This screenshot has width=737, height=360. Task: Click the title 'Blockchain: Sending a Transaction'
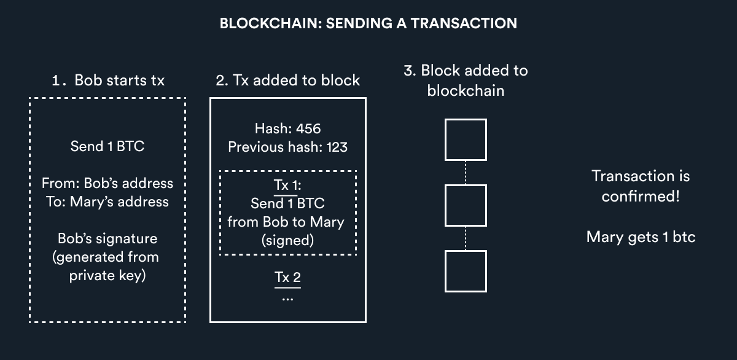[x=368, y=24]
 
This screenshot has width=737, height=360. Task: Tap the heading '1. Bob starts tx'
[x=107, y=80]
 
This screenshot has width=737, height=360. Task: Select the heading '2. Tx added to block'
[x=288, y=80]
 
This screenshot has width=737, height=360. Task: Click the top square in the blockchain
[x=465, y=139]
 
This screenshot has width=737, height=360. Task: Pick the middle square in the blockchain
[x=465, y=205]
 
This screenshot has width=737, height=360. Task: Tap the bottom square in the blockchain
[x=465, y=271]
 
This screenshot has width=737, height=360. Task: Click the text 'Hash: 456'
[x=287, y=129]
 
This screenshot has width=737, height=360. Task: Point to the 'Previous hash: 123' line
[x=287, y=147]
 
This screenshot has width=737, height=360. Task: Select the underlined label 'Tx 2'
[x=287, y=277]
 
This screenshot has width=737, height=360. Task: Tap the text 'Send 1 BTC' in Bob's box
[x=107, y=147]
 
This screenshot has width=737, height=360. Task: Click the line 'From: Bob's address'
[x=107, y=183]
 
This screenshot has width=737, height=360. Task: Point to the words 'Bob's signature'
[x=107, y=238]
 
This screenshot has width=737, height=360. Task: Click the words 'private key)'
[x=107, y=276]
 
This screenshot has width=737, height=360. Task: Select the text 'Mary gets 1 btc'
[x=641, y=237]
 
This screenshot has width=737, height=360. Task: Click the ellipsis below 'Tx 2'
[x=287, y=297]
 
